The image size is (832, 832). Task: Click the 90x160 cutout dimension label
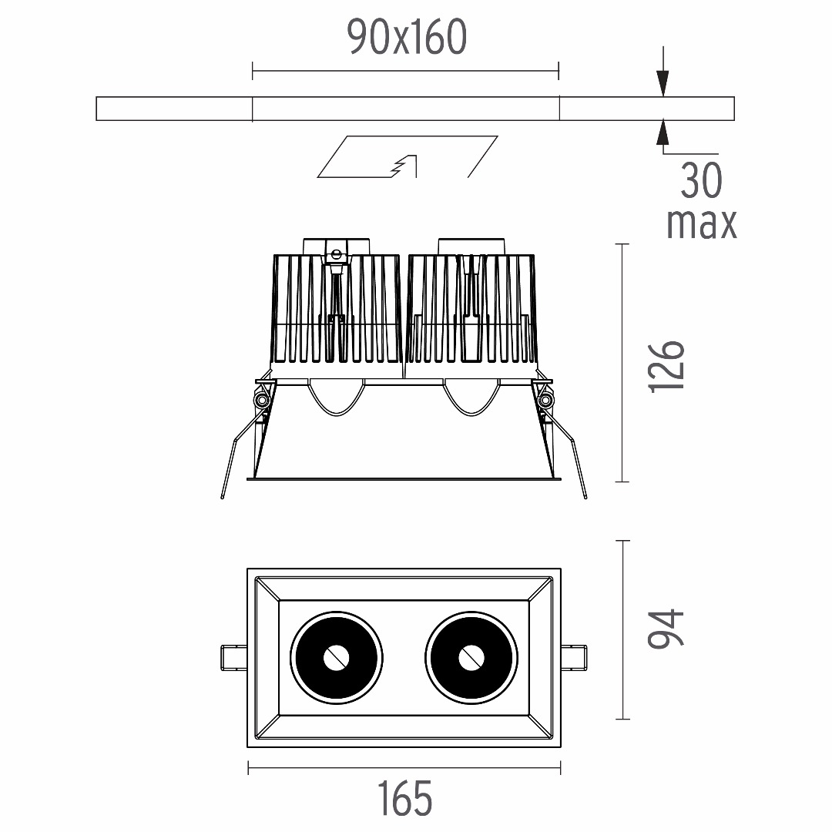pos(407,37)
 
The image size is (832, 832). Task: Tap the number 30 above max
pos(702,180)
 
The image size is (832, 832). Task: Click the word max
pos(702,223)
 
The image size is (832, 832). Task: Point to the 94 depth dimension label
pos(666,629)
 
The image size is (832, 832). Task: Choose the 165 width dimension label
pos(405,799)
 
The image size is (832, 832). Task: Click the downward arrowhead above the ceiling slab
pos(663,84)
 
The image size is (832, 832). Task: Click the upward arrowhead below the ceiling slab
pos(663,133)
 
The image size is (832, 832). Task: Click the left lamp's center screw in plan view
pos(336,658)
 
